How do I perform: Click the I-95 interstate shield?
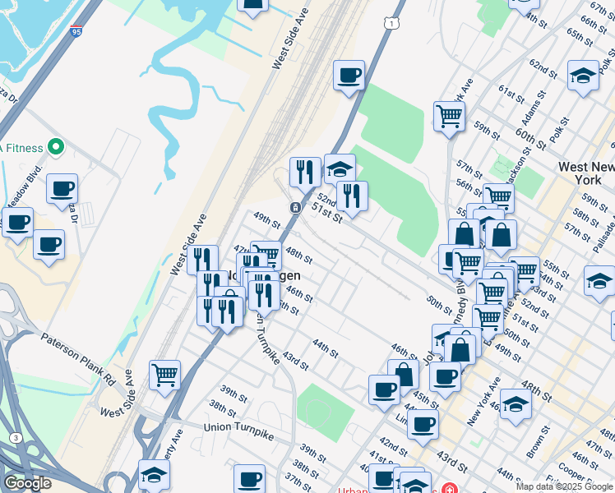(76, 31)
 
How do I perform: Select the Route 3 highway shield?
(16, 437)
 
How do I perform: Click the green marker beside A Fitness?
(56, 148)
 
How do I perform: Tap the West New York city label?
(585, 173)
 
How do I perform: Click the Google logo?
(27, 482)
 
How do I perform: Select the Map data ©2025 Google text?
(564, 486)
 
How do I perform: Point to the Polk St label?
(562, 129)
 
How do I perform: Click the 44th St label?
(324, 348)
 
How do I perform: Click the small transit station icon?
(294, 207)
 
